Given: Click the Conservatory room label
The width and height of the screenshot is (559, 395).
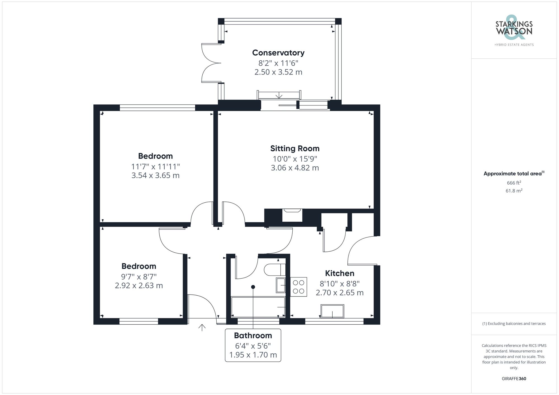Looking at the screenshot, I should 278,53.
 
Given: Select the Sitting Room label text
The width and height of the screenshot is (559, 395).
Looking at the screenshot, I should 295,149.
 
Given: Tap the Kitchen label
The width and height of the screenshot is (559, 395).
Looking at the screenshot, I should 339,273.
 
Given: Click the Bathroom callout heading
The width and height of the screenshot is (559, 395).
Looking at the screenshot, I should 253,336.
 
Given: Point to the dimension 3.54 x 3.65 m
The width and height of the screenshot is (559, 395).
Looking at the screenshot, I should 155,176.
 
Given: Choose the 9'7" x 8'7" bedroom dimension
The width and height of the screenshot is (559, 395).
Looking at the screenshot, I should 139,277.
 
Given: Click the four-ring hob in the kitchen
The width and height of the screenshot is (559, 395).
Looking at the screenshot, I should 299,287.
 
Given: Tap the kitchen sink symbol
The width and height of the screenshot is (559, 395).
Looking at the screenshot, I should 332,311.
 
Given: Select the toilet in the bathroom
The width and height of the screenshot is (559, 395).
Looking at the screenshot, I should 274,270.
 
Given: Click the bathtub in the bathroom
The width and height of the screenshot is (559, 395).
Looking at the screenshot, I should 258,307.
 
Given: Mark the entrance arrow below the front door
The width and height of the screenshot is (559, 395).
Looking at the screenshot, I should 202,327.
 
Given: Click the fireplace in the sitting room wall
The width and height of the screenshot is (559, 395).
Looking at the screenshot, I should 292,215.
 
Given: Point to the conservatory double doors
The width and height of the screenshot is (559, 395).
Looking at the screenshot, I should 210,63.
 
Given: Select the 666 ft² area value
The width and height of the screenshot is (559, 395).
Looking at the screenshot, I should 514,183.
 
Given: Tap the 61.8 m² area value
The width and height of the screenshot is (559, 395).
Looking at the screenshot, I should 514,191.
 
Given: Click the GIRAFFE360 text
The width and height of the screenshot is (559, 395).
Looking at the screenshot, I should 514,379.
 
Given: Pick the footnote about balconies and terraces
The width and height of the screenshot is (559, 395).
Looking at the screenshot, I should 514,324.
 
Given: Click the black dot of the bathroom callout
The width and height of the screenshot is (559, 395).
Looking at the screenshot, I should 253,287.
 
